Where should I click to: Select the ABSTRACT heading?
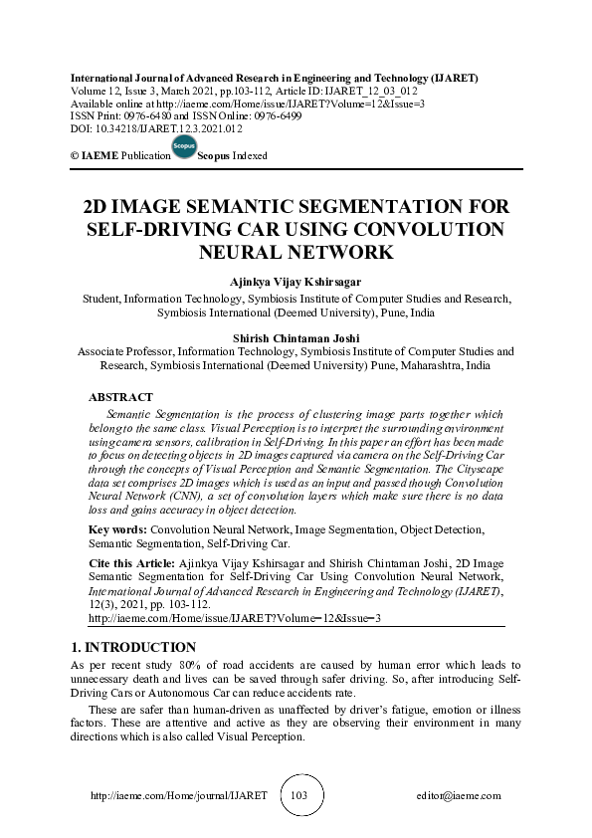pyautogui.click(x=120, y=397)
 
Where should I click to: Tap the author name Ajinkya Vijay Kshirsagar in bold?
pyautogui.click(x=296, y=282)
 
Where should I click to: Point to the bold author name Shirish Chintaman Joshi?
pyautogui.click(x=296, y=338)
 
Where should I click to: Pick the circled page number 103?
pyautogui.click(x=297, y=796)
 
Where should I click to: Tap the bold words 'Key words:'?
pyautogui.click(x=118, y=530)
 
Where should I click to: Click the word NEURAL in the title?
pyautogui.click(x=255, y=252)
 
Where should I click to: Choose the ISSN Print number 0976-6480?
pyautogui.click(x=157, y=115)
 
